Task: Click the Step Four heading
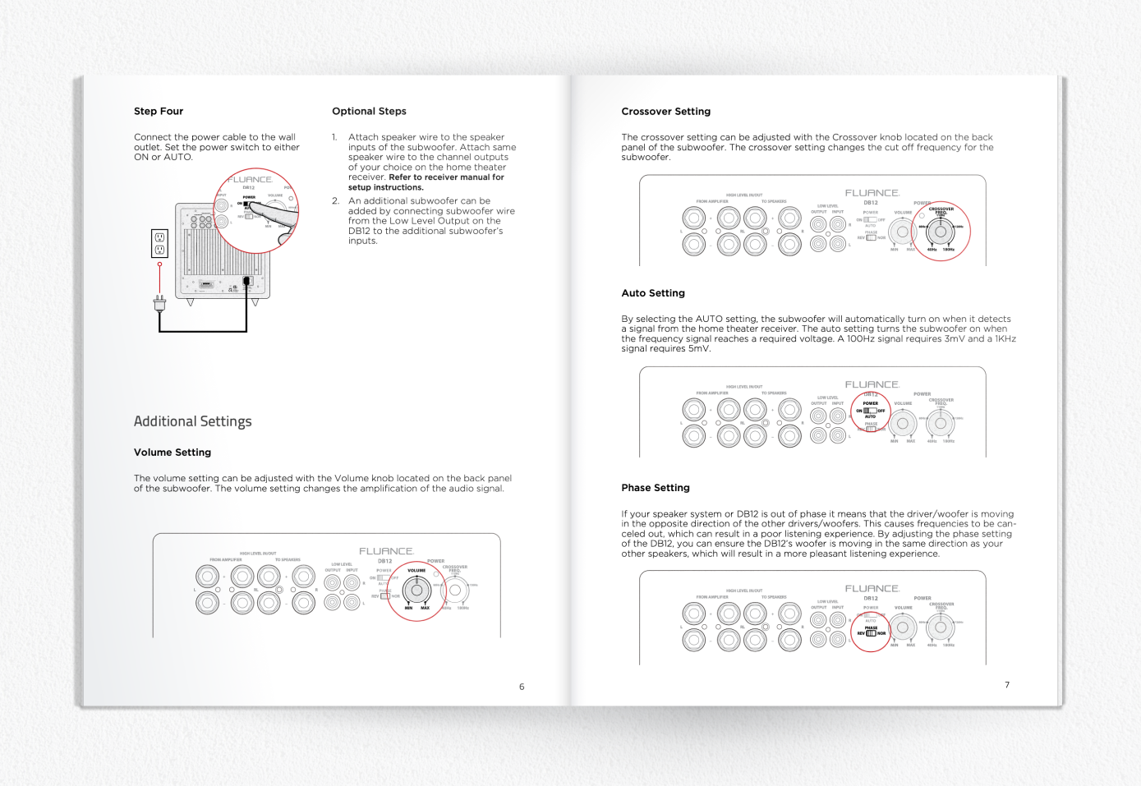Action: coord(159,111)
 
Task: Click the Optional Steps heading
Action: coord(369,111)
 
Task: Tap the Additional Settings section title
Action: coord(192,421)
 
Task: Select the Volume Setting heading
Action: coord(173,453)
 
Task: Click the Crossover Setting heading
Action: coord(665,112)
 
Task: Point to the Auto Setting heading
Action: coord(653,293)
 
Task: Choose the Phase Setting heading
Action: coord(656,488)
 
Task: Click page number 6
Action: coord(522,687)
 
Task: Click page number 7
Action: coord(1007,685)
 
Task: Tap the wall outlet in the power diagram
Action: coord(159,244)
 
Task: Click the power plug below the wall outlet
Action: coord(159,304)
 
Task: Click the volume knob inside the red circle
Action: coord(416,590)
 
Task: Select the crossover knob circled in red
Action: coord(941,232)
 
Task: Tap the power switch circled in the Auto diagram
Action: coord(870,411)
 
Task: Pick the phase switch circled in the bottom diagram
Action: coord(871,633)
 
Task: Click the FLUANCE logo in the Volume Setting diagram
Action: coord(385,551)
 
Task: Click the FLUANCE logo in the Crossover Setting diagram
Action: coord(872,193)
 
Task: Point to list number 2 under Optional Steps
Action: coord(335,201)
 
